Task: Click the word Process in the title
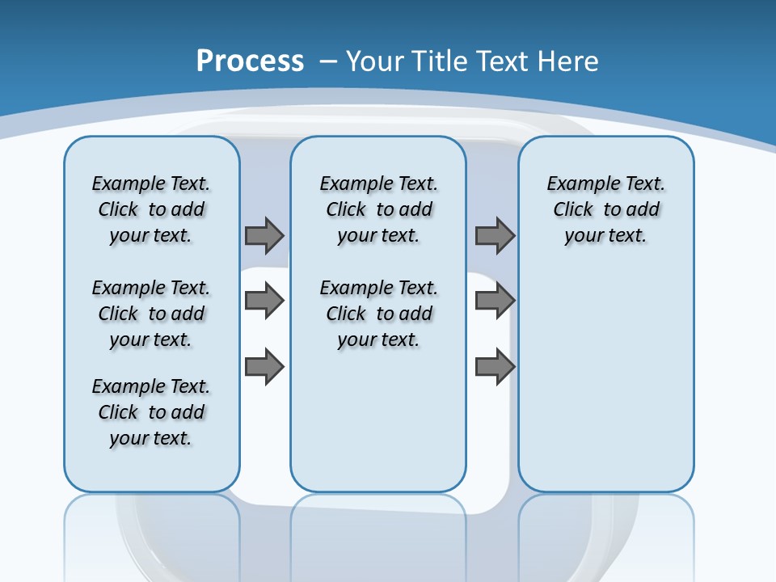coord(250,61)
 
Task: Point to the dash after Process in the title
coord(328,62)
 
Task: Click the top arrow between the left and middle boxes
coord(264,235)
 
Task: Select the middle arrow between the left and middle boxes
coord(264,301)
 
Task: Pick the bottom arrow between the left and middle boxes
coord(264,367)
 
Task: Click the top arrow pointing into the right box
coord(495,235)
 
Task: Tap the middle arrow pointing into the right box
coord(495,301)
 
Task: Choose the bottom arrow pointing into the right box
coord(495,367)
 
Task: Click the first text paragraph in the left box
coord(151,209)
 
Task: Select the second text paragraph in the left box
coord(151,314)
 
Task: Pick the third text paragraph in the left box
coord(151,412)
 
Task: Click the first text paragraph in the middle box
coord(378,209)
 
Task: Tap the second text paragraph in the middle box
coord(378,314)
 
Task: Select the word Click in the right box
coord(573,210)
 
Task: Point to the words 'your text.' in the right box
coord(605,236)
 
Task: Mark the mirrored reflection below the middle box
coord(378,533)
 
